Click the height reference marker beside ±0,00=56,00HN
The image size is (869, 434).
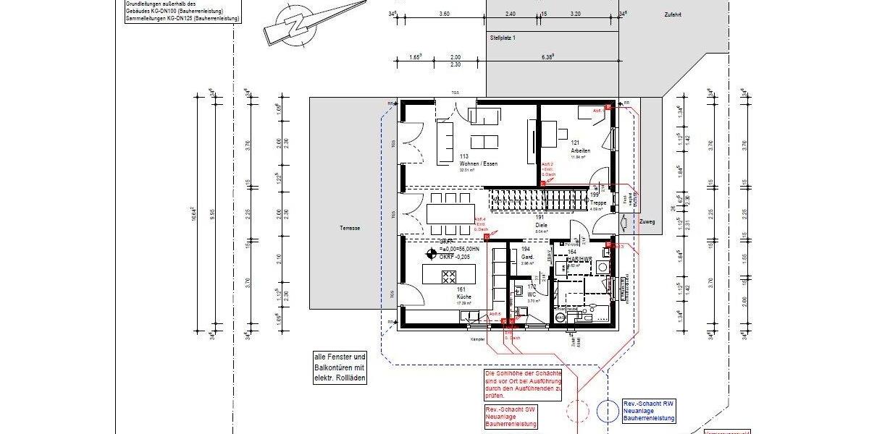[x=432, y=255]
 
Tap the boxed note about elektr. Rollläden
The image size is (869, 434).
[x=340, y=367]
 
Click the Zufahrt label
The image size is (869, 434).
[x=671, y=14]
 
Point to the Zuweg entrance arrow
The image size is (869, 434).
[x=629, y=222]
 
